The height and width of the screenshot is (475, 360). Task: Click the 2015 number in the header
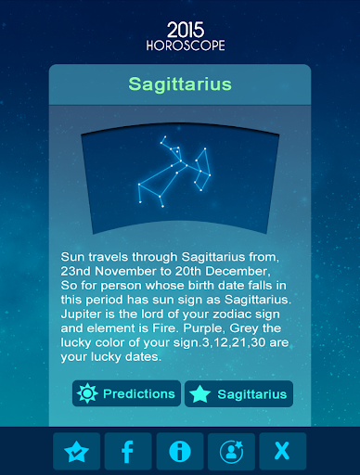click(186, 30)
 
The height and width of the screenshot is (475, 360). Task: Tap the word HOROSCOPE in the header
click(186, 45)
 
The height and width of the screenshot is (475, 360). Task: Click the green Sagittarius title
click(180, 84)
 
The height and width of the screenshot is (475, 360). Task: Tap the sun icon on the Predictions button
click(87, 393)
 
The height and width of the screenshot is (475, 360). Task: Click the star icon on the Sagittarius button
click(199, 394)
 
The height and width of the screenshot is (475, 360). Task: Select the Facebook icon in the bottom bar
click(127, 452)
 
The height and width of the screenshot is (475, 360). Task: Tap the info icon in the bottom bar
click(180, 452)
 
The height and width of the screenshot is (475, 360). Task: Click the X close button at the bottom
click(282, 451)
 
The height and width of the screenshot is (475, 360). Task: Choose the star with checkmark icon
click(76, 452)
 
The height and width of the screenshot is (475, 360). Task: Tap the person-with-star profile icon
click(232, 451)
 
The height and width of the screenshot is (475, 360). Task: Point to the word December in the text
click(238, 271)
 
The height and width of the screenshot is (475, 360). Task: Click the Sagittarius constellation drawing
click(174, 171)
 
